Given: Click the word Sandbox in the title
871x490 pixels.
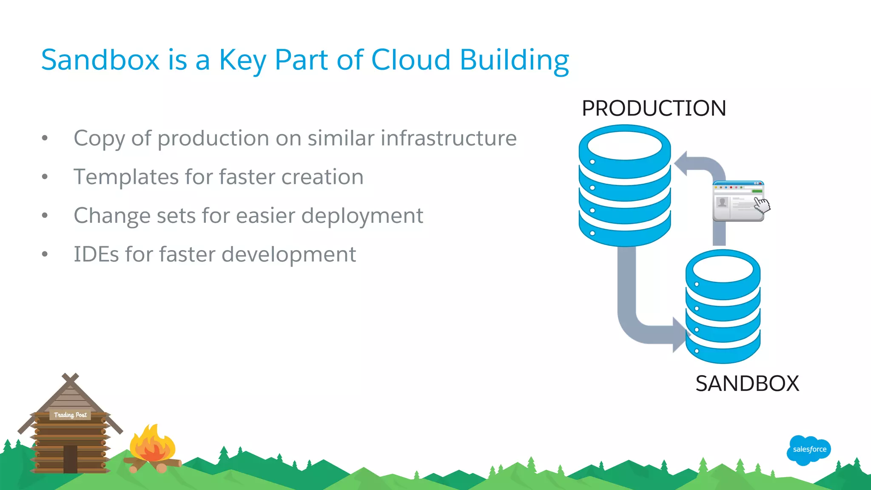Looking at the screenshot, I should pos(100,60).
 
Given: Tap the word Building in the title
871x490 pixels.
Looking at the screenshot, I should pos(514,60).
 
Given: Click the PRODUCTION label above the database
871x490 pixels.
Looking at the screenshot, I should pos(654,108).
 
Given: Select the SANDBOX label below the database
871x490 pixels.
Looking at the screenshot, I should pos(747,383).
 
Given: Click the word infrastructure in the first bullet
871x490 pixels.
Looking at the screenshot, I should pos(448,138).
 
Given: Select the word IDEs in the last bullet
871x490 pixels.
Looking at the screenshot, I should pos(96,254).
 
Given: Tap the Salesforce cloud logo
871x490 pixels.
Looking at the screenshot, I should pos(809,450).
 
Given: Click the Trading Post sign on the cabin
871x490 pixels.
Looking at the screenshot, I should pos(70,415).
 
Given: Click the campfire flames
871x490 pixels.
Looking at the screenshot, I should pos(152,444).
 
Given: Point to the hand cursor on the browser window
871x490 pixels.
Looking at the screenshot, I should pos(762,205).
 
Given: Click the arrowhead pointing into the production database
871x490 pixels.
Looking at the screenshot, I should pos(681,164).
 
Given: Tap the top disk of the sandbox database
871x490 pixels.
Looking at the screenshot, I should pos(723,269).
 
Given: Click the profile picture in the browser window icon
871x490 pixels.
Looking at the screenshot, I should pos(722,202).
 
